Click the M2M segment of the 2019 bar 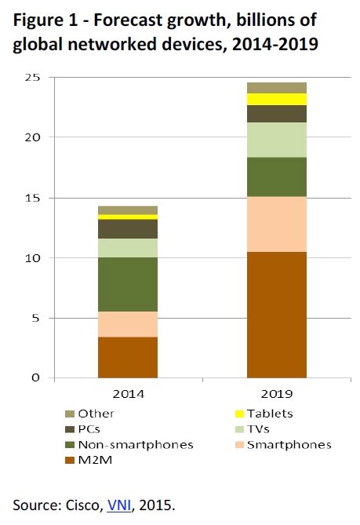pos(276,315)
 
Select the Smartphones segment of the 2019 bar pos(276,224)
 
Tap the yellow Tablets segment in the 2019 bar pos(276,99)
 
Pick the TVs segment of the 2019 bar pos(276,140)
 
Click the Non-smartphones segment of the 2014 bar pos(128,284)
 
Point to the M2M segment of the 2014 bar pos(128,357)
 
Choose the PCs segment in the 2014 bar pos(128,228)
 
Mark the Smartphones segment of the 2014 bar pos(128,324)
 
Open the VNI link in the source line pos(118,502)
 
